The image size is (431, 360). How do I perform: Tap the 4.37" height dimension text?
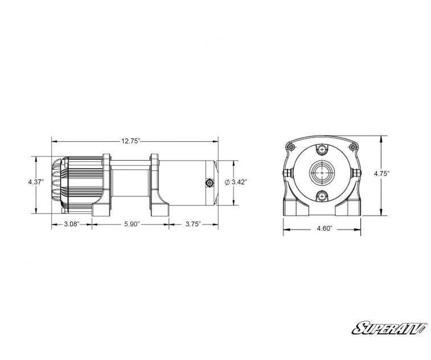point(36,182)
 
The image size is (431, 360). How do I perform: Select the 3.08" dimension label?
point(72,224)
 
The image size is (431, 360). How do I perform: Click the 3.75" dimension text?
point(193,224)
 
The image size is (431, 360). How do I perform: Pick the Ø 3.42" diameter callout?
point(235,182)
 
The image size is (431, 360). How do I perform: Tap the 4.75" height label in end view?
point(381,174)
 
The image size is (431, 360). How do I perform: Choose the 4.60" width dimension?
point(322,229)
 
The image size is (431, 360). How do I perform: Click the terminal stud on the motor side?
point(209,182)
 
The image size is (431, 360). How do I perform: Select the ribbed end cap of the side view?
point(58,182)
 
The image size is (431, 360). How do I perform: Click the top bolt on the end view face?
point(322,149)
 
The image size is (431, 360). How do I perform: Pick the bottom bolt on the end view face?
point(322,197)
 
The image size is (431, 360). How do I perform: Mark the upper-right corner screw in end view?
point(354,147)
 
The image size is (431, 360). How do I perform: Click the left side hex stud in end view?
point(287,172)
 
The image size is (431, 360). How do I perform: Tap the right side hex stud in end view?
point(358,172)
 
